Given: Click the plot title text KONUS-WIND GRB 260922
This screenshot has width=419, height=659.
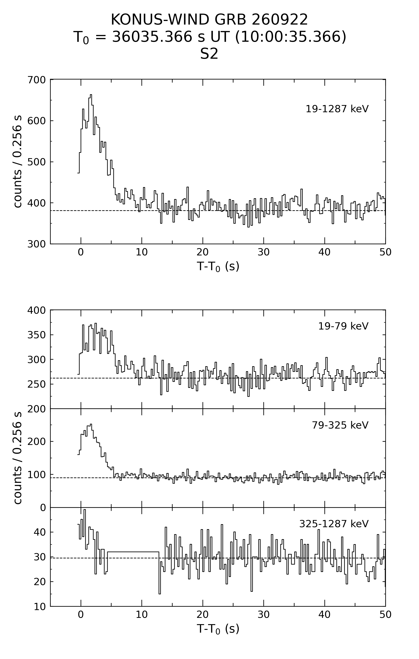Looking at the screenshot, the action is coord(209,20).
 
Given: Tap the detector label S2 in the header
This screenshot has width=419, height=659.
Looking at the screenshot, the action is coord(209,54).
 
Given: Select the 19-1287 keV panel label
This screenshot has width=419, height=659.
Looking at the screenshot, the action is coord(337,109).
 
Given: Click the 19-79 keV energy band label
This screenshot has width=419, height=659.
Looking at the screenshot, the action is coord(343,326).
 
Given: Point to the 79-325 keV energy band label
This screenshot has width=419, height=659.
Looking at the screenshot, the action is coord(340,425).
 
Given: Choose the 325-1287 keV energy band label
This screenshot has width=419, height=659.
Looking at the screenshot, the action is coord(334,524).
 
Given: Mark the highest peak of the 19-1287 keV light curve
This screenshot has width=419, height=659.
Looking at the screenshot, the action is coord(91,95).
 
